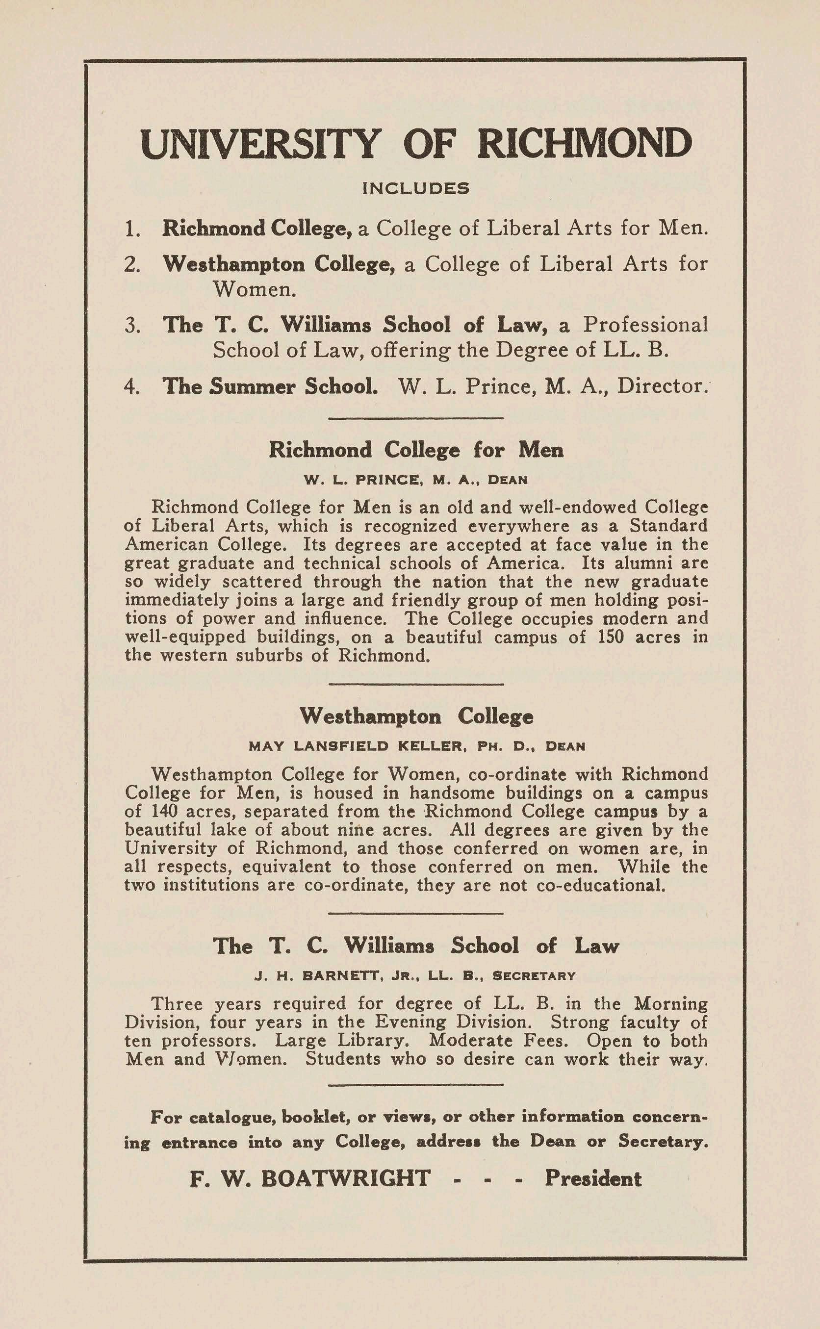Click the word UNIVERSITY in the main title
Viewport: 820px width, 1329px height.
[x=259, y=144]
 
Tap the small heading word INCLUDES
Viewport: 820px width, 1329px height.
[x=415, y=189]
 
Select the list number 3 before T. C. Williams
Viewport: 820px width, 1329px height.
[x=132, y=325]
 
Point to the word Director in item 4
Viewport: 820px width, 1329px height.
[x=663, y=386]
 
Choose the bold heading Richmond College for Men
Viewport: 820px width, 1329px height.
[x=416, y=450]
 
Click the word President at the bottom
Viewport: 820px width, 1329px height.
[x=593, y=1179]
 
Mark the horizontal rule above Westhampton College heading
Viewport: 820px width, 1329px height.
[x=416, y=684]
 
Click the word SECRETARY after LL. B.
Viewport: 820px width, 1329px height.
[x=534, y=976]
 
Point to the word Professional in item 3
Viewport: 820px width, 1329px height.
[x=645, y=325]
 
